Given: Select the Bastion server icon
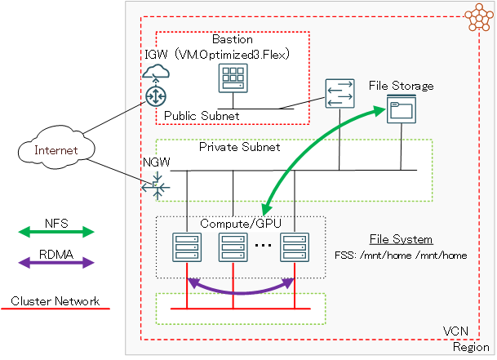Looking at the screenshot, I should (x=233, y=80).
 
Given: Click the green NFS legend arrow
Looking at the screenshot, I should (x=55, y=232).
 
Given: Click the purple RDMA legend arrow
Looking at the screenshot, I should (x=55, y=262).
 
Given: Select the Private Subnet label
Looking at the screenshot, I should (x=239, y=148).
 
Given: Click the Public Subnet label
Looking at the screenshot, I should (x=202, y=116).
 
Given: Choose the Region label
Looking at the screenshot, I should (x=471, y=347).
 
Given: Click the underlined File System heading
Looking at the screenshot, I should (x=401, y=239).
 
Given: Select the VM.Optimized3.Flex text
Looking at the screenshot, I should (x=233, y=54).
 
